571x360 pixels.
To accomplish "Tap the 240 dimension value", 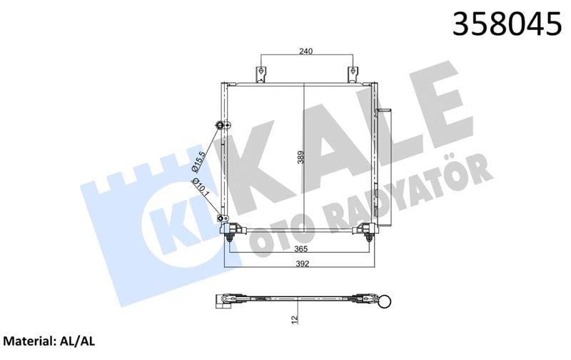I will (307, 51).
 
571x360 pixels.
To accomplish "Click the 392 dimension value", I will (299, 262).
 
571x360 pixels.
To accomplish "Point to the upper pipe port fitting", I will (218, 126).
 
